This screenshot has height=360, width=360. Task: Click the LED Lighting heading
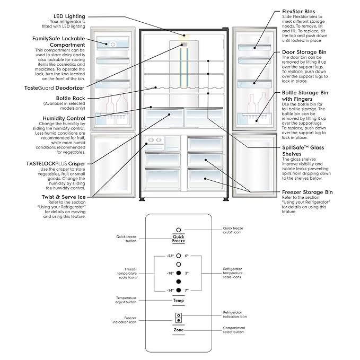[x=69, y=16]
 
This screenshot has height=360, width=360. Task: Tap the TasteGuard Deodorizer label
[x=55, y=87]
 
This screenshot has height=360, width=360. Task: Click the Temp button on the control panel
[x=179, y=301]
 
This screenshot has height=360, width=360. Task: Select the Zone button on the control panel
[x=179, y=330]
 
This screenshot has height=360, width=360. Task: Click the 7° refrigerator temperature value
[x=188, y=291]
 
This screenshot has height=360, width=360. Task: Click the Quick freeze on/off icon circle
[x=179, y=230]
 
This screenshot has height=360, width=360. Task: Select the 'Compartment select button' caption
[x=234, y=330]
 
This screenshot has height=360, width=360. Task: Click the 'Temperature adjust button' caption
[x=125, y=300]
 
